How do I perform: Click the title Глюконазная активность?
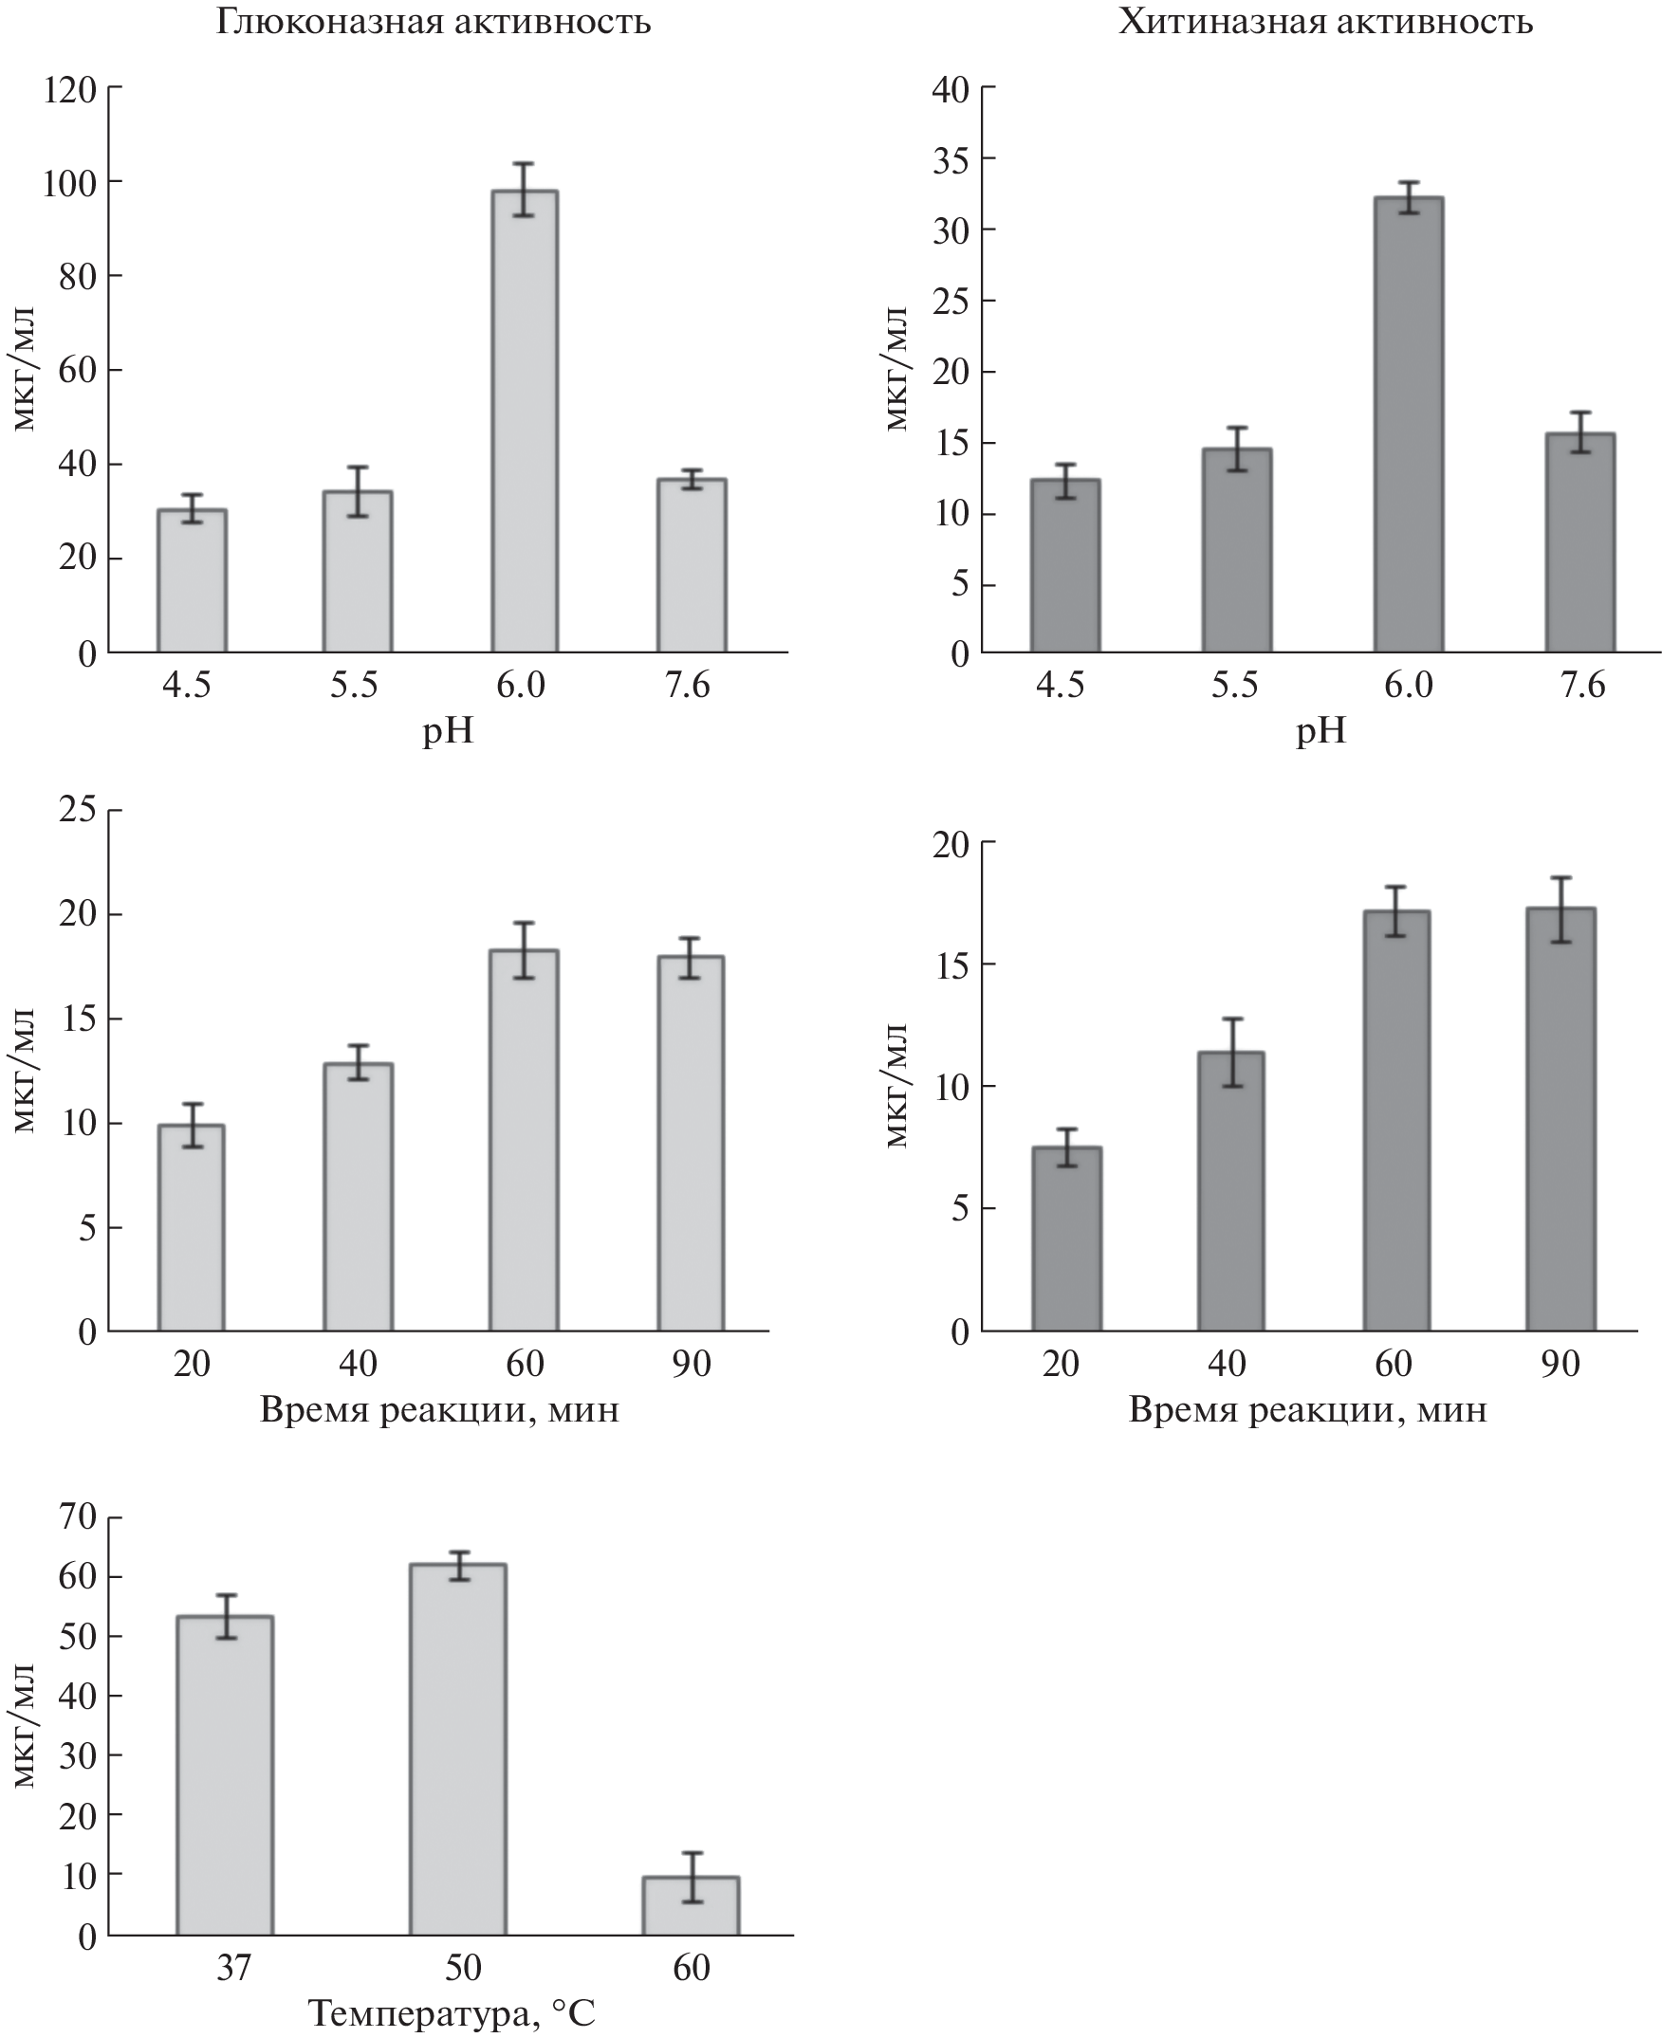[x=433, y=21]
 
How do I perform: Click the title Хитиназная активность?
[x=1326, y=21]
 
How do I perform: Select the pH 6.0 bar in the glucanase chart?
[x=525, y=421]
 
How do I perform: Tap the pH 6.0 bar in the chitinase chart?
[x=1409, y=425]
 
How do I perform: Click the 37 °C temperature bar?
[x=225, y=1774]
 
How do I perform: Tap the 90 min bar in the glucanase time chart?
[x=691, y=1143]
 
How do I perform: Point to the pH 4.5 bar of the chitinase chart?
[x=1065, y=566]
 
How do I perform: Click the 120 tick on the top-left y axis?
[x=70, y=89]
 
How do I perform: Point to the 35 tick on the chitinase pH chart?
[x=950, y=160]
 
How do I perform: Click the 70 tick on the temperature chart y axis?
[x=78, y=1516]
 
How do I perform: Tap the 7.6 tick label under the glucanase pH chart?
[x=688, y=686]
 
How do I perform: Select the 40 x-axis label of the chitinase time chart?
[x=1227, y=1363]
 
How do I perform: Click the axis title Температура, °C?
[x=452, y=2013]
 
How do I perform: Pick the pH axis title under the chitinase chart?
[x=1320, y=731]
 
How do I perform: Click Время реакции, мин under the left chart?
[x=439, y=1410]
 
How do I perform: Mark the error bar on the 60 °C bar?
[x=692, y=1876]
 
